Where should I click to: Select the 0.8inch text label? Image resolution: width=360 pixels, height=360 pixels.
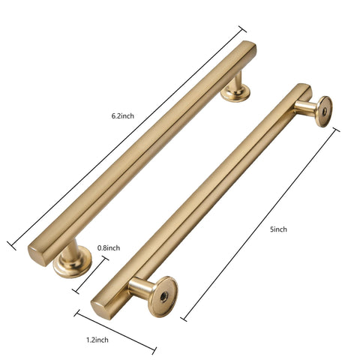(x=109, y=247)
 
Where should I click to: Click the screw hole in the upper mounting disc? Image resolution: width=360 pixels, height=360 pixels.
(x=322, y=110)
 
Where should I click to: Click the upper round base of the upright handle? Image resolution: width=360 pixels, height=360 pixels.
(x=235, y=92)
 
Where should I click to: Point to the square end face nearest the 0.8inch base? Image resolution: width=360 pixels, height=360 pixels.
(x=37, y=248)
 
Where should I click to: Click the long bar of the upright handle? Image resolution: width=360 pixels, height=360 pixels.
(x=142, y=150)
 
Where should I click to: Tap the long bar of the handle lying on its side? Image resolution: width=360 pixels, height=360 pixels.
(x=202, y=199)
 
